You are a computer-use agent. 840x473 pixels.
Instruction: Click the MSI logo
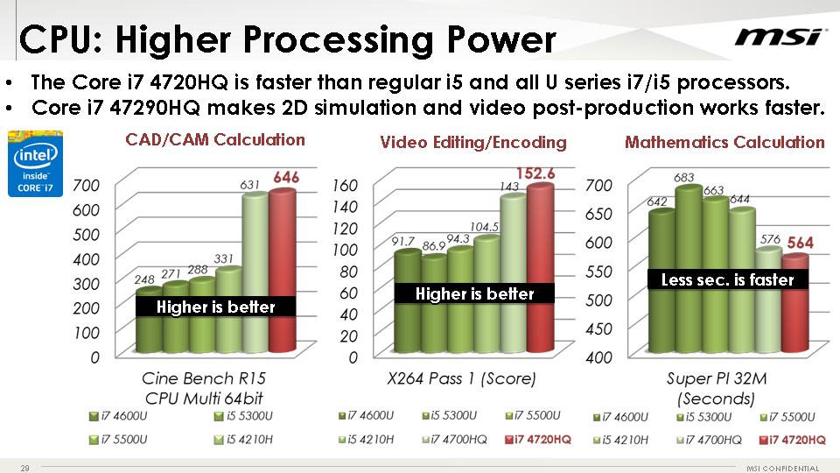(777, 37)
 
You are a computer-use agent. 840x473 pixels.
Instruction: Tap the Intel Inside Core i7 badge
(35, 164)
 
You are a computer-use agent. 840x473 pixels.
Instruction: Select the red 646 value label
(286, 177)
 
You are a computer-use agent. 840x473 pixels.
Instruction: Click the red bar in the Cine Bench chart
(283, 271)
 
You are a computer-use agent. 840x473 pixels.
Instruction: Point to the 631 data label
(249, 185)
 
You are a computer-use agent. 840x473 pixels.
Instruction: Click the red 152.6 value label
(535, 173)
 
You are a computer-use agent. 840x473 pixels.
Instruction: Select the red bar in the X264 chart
(541, 268)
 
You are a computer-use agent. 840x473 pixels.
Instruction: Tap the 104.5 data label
(484, 227)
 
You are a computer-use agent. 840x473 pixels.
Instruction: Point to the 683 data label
(684, 177)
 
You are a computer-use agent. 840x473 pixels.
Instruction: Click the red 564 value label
(800, 243)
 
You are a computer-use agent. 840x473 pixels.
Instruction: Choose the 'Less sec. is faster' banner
(727, 279)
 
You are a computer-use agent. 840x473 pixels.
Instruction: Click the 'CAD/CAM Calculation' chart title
(215, 140)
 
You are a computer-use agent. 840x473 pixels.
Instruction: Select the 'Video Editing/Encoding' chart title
(473, 142)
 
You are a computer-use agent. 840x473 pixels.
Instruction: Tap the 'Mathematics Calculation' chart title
(724, 142)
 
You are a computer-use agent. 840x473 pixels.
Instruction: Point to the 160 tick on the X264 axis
(345, 186)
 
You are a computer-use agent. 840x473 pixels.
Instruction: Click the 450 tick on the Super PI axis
(598, 328)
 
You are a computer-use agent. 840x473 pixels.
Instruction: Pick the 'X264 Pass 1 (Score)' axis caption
(461, 378)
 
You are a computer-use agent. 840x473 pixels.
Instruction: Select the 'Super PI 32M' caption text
(717, 378)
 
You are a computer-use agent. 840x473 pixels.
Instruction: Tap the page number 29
(24, 468)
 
